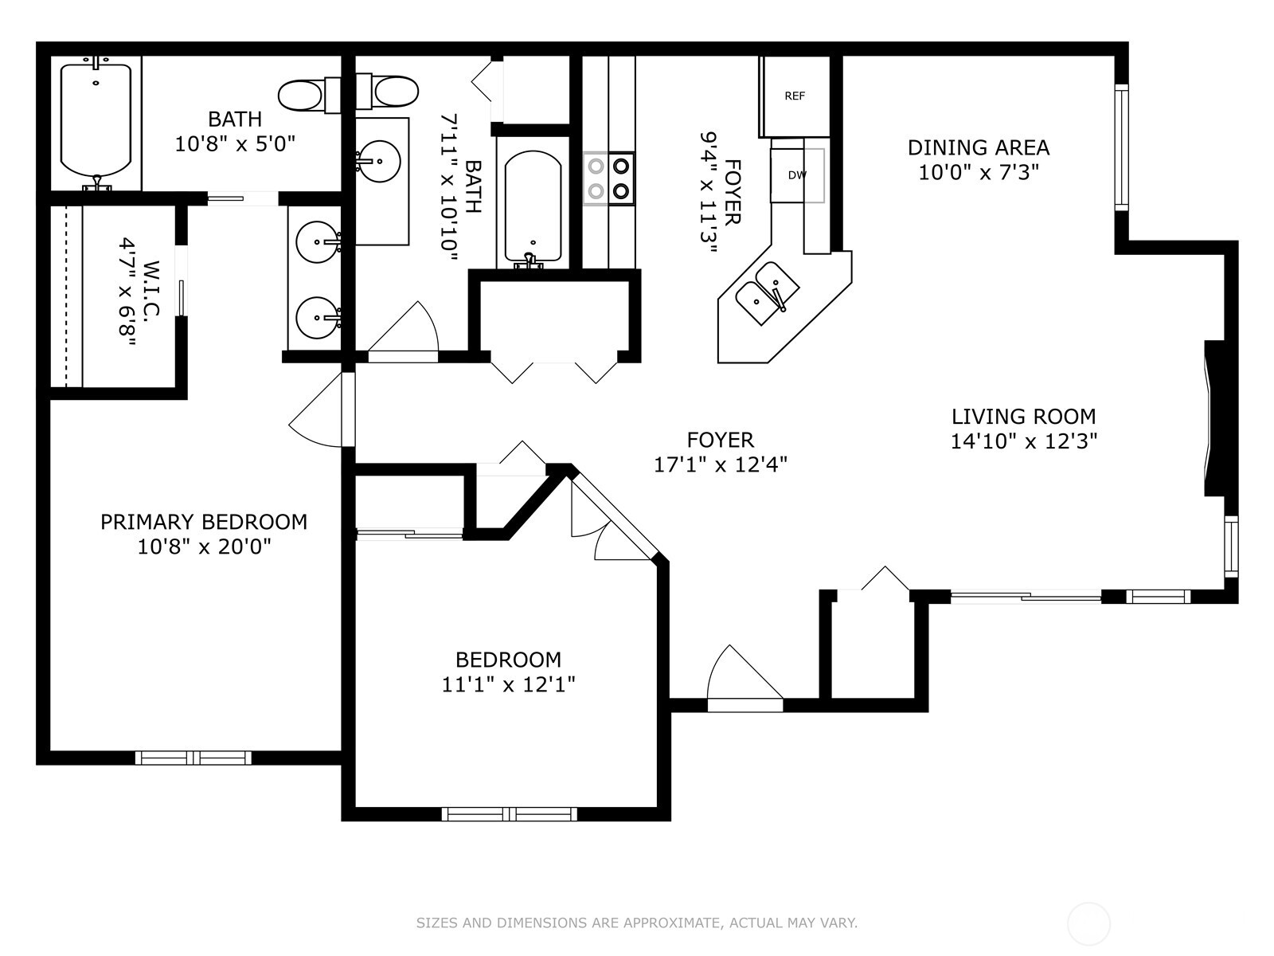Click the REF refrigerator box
coord(795,96)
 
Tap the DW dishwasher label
coord(797,175)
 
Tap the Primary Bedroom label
coord(204,522)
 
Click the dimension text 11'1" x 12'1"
coord(509,684)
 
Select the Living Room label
coord(1023,416)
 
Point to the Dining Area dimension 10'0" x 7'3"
coord(979,172)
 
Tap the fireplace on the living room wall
coord(1215,418)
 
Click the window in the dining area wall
coord(1121,147)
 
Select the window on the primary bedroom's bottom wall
coord(193,758)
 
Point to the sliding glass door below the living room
coord(1026,595)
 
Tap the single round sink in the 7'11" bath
coord(378,161)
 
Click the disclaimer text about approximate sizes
coord(636,923)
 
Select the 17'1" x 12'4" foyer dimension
coord(721,464)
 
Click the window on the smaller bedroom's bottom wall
coord(509,813)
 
